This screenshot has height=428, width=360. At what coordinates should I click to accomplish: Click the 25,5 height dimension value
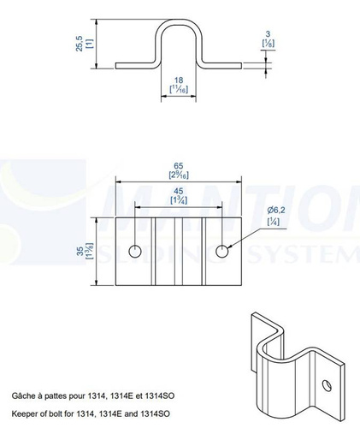[x=80, y=44]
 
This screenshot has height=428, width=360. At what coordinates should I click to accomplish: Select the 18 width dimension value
[x=179, y=80]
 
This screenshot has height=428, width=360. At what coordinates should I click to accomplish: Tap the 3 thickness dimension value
[x=268, y=34]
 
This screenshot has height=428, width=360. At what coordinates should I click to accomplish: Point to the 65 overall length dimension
[x=179, y=166]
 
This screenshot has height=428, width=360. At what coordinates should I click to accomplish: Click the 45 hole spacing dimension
[x=179, y=191]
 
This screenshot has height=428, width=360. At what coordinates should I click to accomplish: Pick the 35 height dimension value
[x=80, y=251]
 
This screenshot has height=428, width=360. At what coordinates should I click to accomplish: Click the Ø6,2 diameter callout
[x=276, y=211]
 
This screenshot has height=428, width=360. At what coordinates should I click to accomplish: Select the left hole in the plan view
[x=135, y=252]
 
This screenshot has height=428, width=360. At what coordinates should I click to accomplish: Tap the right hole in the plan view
[x=221, y=252]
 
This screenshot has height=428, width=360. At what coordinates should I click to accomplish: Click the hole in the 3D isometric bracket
[x=327, y=385]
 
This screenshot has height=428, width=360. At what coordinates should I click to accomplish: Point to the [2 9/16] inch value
[x=179, y=175]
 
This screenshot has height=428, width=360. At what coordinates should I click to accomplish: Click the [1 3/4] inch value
[x=179, y=200]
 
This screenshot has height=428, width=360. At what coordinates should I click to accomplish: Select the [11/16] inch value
[x=179, y=89]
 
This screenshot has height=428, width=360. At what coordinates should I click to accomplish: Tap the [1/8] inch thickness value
[x=269, y=43]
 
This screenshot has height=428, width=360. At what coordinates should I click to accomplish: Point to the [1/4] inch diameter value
[x=274, y=222]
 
